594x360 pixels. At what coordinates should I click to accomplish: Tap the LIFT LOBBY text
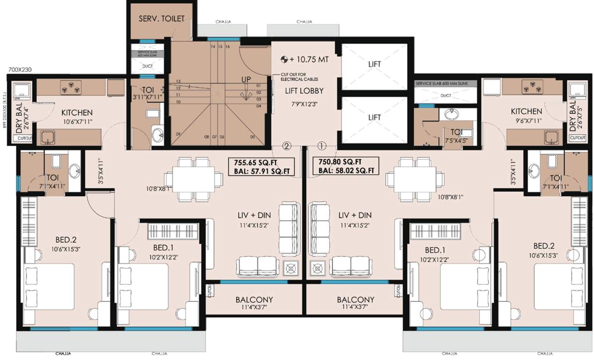pos(305,90)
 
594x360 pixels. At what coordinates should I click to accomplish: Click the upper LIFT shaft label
pos(374,64)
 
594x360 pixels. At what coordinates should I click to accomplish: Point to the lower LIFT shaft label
pos(374,118)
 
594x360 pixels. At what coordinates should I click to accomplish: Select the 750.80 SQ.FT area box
pos(346,166)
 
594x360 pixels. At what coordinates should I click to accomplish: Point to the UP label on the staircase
pos(246,80)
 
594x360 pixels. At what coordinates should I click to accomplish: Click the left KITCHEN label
pos(77,112)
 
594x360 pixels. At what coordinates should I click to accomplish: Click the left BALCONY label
pos(254,300)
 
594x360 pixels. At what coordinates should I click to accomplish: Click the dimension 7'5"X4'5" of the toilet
pos(455,140)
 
